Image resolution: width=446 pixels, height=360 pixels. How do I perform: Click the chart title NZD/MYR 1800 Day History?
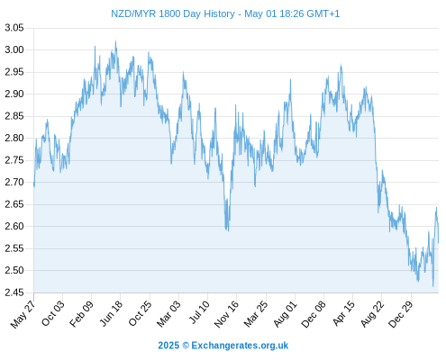[173, 13]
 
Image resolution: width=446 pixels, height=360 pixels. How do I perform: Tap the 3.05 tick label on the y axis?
[14, 28]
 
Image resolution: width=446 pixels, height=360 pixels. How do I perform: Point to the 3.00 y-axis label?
[14, 49]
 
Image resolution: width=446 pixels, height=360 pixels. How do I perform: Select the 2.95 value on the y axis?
[14, 72]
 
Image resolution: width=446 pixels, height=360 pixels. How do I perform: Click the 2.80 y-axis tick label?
[14, 138]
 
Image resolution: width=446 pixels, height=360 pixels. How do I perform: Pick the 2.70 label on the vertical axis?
[14, 182]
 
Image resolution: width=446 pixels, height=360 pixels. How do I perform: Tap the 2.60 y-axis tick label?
[14, 226]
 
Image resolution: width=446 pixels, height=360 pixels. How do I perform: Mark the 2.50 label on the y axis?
[14, 270]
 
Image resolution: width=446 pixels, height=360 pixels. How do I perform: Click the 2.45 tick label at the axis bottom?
[14, 292]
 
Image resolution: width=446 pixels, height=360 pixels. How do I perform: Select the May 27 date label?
[23, 314]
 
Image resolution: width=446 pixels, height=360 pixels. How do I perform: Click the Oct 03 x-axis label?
[53, 313]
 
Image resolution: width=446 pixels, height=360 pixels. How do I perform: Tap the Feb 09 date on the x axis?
[81, 314]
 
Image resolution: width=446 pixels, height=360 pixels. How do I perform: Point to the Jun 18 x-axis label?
[111, 313]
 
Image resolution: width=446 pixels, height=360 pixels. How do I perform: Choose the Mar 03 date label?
[168, 314]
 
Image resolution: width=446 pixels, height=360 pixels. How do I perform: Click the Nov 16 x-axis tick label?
[226, 314]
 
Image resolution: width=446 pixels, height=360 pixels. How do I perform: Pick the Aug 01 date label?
[286, 314]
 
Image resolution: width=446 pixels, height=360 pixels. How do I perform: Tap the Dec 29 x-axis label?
[401, 314]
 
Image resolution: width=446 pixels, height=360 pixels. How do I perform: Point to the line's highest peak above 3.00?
[115, 41]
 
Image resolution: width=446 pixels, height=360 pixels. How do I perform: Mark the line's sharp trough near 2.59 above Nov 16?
[228, 231]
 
